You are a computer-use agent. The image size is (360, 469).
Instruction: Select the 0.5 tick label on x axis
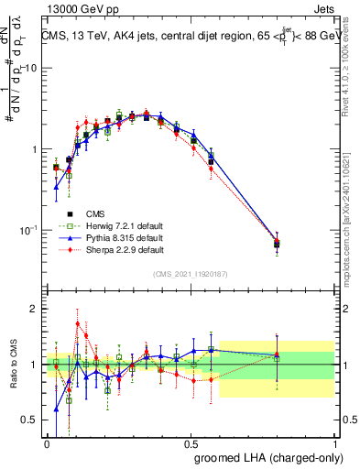click(x=191, y=442)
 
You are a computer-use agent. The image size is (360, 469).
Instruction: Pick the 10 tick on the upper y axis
click(x=30, y=69)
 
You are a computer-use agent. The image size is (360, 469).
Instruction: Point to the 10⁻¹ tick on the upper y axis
click(x=28, y=230)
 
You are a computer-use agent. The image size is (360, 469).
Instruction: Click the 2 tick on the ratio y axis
click(x=35, y=309)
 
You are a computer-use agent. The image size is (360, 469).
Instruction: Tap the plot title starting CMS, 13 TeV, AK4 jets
click(x=192, y=37)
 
